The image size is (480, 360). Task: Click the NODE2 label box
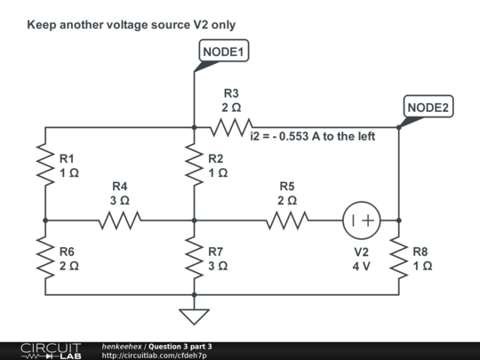pyautogui.click(x=428, y=107)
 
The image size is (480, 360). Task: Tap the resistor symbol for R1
pyautogui.click(x=44, y=164)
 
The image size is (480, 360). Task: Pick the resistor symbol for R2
pyautogui.click(x=194, y=164)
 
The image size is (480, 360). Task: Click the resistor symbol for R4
pyautogui.click(x=119, y=220)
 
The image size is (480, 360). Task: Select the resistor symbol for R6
pyautogui.click(x=44, y=258)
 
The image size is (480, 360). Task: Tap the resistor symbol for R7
pyautogui.click(x=194, y=258)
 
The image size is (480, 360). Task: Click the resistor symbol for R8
pyautogui.click(x=399, y=258)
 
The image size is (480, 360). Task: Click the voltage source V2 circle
pyautogui.click(x=361, y=220)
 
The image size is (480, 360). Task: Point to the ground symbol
pyautogui.click(x=194, y=315)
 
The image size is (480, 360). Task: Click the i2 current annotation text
pyautogui.click(x=308, y=138)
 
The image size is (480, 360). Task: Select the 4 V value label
pyautogui.click(x=360, y=266)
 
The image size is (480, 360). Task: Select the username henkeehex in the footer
pyautogui.click(x=122, y=345)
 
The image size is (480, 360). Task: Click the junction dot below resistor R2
pyautogui.click(x=194, y=220)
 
